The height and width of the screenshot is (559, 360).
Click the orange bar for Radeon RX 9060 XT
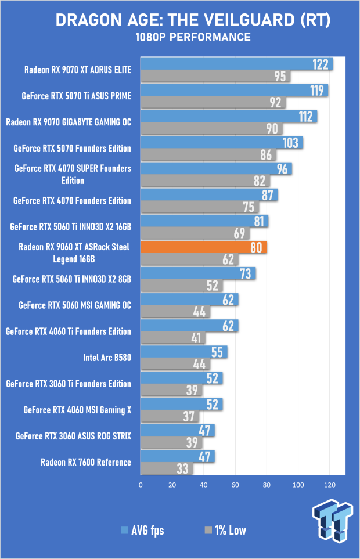pos(204,247)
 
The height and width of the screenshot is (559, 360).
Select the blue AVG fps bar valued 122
pos(237,64)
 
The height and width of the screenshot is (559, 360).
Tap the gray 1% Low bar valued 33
pos(167,468)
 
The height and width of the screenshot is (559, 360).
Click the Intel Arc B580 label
pos(107,358)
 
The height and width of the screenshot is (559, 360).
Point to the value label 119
pos(317,91)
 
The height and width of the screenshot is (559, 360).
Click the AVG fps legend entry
pos(143,531)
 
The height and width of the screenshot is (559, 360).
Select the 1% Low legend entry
pos(225,531)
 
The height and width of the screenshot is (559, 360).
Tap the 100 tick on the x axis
pos(298,485)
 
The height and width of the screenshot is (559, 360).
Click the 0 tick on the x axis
pos(141,485)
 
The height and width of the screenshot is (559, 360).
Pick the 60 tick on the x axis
pos(235,485)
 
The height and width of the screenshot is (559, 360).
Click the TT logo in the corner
pos(333,521)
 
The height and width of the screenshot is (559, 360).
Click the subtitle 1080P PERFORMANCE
pos(193,37)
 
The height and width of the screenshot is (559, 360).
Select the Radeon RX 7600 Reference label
pos(86,463)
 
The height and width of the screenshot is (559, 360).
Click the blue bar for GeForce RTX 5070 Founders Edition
pos(222,143)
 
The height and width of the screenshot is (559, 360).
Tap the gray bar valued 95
pos(215,76)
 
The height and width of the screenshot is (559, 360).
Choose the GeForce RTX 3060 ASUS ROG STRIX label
pos(73,436)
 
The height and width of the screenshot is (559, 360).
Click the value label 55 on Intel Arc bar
pos(217,352)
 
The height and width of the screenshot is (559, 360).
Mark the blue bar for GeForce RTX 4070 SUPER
pos(217,168)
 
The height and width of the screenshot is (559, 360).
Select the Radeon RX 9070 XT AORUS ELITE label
pos(78,70)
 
